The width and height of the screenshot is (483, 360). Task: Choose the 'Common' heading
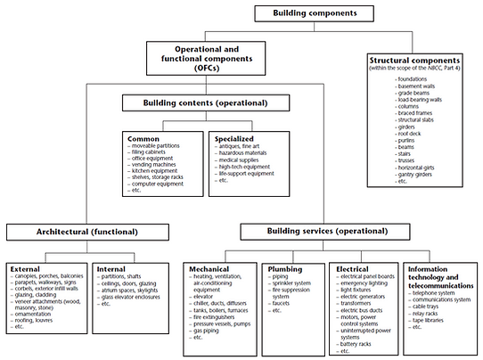click(x=143, y=139)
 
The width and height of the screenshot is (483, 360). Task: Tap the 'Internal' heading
click(x=111, y=267)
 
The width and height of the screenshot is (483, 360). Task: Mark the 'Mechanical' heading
click(x=210, y=267)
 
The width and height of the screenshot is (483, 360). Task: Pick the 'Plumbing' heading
click(x=286, y=267)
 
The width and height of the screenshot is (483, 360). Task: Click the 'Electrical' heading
click(x=354, y=267)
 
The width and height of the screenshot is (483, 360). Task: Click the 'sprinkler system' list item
click(x=292, y=284)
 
